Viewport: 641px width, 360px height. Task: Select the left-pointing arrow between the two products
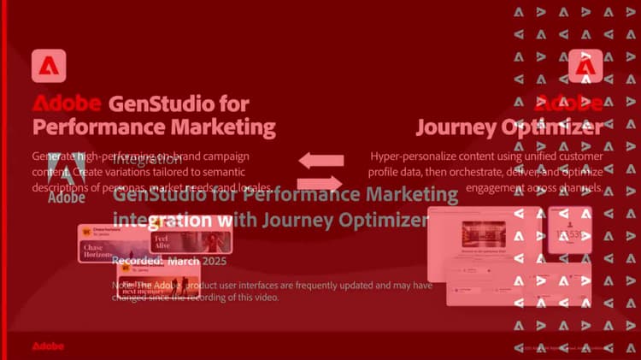pyautogui.click(x=320, y=160)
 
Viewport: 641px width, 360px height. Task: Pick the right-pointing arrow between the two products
pyautogui.click(x=320, y=181)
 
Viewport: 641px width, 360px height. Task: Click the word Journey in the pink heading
pyautogui.click(x=455, y=128)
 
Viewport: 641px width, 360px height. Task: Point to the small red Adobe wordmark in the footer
pyautogui.click(x=47, y=346)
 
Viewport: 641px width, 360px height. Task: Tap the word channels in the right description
pyautogui.click(x=583, y=187)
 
